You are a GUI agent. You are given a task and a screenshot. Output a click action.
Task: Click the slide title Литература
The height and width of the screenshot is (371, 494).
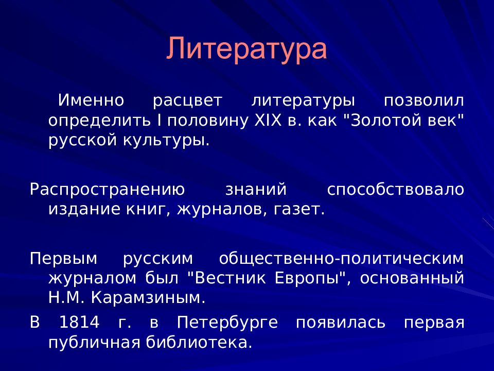(246, 49)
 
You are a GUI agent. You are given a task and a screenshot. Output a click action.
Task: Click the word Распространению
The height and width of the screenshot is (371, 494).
(107, 189)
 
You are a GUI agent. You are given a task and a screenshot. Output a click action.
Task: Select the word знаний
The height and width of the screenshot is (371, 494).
(255, 189)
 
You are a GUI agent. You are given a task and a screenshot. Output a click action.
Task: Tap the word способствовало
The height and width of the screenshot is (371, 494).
(395, 189)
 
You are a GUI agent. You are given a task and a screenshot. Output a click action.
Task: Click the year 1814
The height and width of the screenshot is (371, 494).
(79, 323)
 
